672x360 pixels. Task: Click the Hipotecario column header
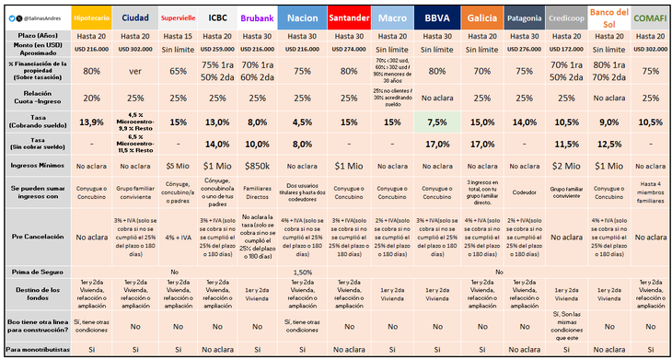92,17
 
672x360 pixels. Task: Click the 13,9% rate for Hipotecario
92,122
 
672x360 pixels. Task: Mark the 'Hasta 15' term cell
179,33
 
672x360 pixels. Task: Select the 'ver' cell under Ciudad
135,71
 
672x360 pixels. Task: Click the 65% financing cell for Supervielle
179,71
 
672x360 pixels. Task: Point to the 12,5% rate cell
607,144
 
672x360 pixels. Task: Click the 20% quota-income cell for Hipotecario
92,98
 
